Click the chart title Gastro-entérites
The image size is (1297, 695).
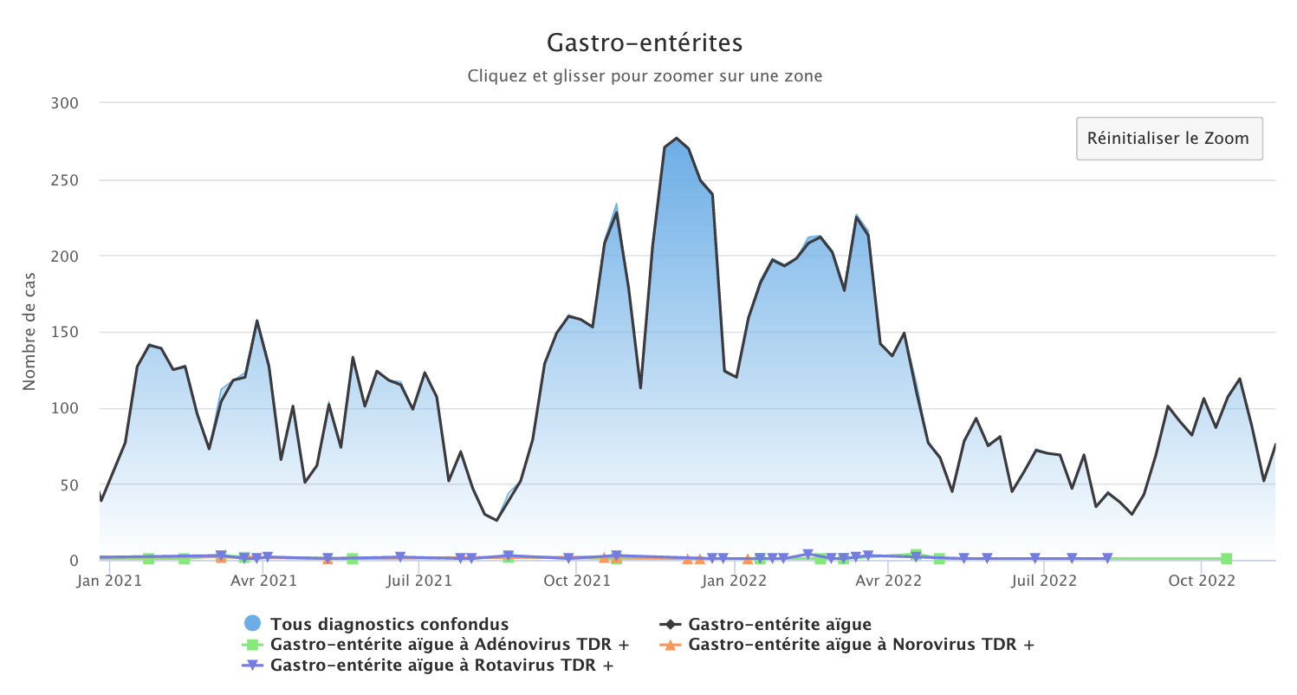click(x=645, y=42)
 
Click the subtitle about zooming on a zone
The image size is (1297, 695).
click(x=645, y=76)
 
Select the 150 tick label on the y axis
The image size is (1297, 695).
click(x=66, y=333)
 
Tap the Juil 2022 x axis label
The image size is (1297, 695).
click(x=1044, y=580)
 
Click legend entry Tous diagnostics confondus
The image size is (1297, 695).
click(x=389, y=624)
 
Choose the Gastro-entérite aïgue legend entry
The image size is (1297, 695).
click(x=779, y=624)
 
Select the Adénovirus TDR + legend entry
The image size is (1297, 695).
click(x=449, y=645)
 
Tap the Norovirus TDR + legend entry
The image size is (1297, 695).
click(x=860, y=645)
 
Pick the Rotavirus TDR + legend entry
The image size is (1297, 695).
click(x=442, y=666)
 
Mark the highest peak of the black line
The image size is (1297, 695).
click(x=677, y=138)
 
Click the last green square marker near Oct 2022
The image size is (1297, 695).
click(x=1226, y=559)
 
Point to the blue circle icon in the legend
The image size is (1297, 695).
click(x=252, y=623)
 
